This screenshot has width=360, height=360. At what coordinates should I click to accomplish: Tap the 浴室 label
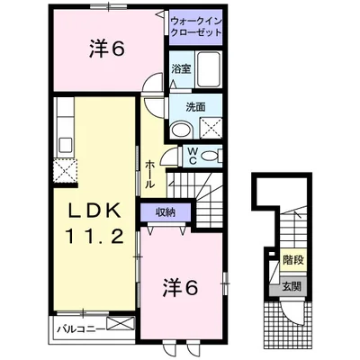pos(181,67)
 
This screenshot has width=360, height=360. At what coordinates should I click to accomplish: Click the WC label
pos(193,155)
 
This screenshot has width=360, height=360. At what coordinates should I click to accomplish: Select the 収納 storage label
pos(162,211)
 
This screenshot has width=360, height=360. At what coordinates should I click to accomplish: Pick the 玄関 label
pos(291,288)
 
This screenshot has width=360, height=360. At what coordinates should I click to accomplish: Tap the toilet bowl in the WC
pos(212,156)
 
